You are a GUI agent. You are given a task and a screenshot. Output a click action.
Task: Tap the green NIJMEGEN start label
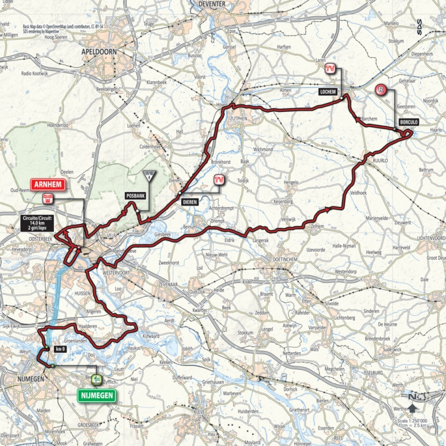97,395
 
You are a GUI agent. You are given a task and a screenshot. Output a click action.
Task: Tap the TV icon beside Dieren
218,180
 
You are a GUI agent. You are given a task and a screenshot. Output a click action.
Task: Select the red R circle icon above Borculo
380,89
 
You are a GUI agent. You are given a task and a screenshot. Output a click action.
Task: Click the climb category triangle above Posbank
149,175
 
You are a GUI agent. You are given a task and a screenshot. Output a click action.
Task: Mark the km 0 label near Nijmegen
61,349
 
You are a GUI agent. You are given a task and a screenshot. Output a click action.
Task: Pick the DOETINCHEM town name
282,261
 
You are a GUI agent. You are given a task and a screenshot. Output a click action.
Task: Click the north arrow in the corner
411,406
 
